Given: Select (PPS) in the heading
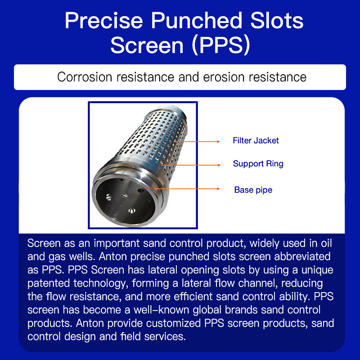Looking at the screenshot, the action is coord(221,45).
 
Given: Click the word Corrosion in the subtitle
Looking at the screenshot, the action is coord(85,77).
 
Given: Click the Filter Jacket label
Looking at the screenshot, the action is coord(256,140).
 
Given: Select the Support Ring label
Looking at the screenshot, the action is coord(258,164).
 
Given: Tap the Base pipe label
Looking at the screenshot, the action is coord(253,190).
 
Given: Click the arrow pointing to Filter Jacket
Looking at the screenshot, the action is coord(197,141).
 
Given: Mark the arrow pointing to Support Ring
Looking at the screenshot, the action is coord(191,165).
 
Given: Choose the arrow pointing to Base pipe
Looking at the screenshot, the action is coord(187,189).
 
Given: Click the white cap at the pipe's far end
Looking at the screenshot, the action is coord(175,109).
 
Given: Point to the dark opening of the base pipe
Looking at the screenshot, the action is coord(125,201).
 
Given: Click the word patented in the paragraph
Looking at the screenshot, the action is coord(49,283).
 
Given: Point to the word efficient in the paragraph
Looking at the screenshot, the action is coord(193,297).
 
